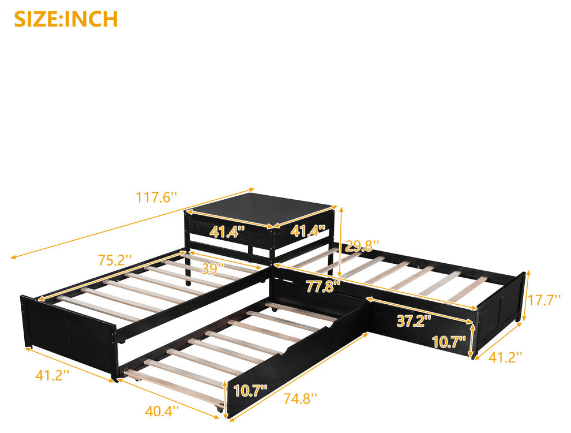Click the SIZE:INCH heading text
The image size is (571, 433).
pyautogui.click(x=66, y=19)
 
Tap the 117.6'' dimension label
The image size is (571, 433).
pyautogui.click(x=156, y=197)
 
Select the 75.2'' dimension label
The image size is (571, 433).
pyautogui.click(x=115, y=260)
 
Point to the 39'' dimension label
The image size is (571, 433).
pyautogui.click(x=213, y=268)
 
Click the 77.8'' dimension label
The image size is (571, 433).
pyautogui.click(x=322, y=286)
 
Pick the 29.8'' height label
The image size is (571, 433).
pyautogui.click(x=362, y=246)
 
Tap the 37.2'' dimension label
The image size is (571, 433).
pyautogui.click(x=414, y=321)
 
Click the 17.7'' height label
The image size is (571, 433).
pyautogui.click(x=544, y=300)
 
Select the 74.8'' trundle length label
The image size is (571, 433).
pyautogui.click(x=300, y=398)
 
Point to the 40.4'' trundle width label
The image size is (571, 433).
pyautogui.click(x=162, y=412)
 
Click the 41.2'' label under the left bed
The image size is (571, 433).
pyautogui.click(x=52, y=375)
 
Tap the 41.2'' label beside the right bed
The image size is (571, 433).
pyautogui.click(x=505, y=357)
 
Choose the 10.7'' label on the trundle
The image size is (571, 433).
pyautogui.click(x=250, y=391)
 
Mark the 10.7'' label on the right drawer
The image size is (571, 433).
pyautogui.click(x=449, y=342)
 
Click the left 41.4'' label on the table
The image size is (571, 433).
pyautogui.click(x=226, y=232)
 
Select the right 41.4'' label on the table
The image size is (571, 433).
pyautogui.click(x=308, y=231)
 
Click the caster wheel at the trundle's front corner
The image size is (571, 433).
pyautogui.click(x=220, y=409)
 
